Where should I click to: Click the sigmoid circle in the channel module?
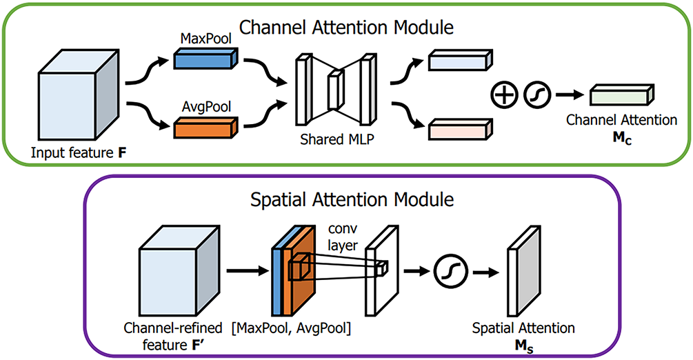pos(537,94)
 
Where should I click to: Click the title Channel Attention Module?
pos(346,28)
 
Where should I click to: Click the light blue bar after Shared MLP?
pos(458,61)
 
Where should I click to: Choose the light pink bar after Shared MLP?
pos(458,129)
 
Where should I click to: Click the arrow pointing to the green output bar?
pos(565,94)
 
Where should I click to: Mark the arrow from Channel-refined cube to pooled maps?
pos(242,269)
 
